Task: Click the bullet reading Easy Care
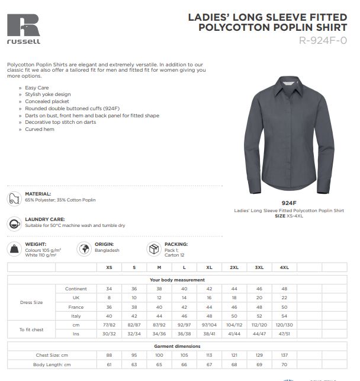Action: [x=37, y=88]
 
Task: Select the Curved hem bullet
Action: [x=40, y=129]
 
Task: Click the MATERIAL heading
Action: [x=38, y=194]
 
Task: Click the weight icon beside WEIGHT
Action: [x=14, y=248]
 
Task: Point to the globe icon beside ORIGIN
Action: [x=83, y=248]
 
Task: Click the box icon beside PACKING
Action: [x=154, y=248]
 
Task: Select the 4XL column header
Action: [x=284, y=268]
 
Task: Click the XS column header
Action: [x=109, y=268]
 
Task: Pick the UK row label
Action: [x=76, y=297]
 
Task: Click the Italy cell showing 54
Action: [x=284, y=316]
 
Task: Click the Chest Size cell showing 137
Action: [x=284, y=355]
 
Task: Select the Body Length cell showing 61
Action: [x=109, y=364]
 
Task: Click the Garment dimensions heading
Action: [x=177, y=346]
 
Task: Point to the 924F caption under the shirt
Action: [x=289, y=203]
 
